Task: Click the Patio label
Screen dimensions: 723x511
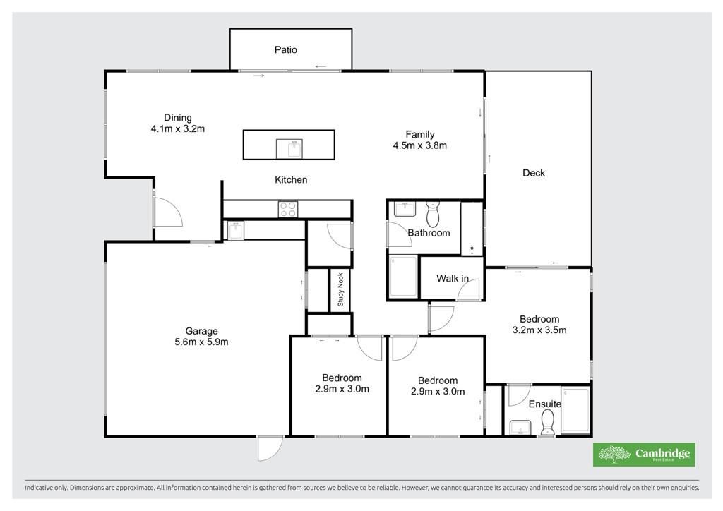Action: pyautogui.click(x=285, y=50)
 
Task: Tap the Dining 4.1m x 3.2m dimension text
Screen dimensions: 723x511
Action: pyautogui.click(x=177, y=129)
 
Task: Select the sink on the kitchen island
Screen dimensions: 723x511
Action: pyautogui.click(x=289, y=149)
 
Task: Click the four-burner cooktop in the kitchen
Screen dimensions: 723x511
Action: pyautogui.click(x=288, y=209)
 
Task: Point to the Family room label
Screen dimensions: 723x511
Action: pyautogui.click(x=419, y=135)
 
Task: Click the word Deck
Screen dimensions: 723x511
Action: pyautogui.click(x=534, y=173)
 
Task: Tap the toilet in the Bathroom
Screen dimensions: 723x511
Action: pyautogui.click(x=433, y=213)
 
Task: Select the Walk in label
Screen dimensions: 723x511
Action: pyautogui.click(x=453, y=278)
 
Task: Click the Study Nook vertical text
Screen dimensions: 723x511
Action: pyautogui.click(x=341, y=289)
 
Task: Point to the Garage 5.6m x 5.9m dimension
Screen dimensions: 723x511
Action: pyautogui.click(x=201, y=342)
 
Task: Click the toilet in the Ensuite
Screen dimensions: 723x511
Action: pyautogui.click(x=547, y=423)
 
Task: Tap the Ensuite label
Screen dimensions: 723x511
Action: pyautogui.click(x=545, y=404)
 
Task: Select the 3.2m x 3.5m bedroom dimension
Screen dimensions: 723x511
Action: pyautogui.click(x=539, y=330)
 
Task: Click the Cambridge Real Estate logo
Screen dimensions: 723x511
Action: pyautogui.click(x=644, y=455)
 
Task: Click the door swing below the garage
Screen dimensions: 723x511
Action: pyautogui.click(x=270, y=448)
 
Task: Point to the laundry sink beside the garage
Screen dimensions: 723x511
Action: pyautogui.click(x=236, y=230)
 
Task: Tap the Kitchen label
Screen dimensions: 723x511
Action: pyautogui.click(x=291, y=180)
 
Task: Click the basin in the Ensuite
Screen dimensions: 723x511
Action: pyautogui.click(x=520, y=427)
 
